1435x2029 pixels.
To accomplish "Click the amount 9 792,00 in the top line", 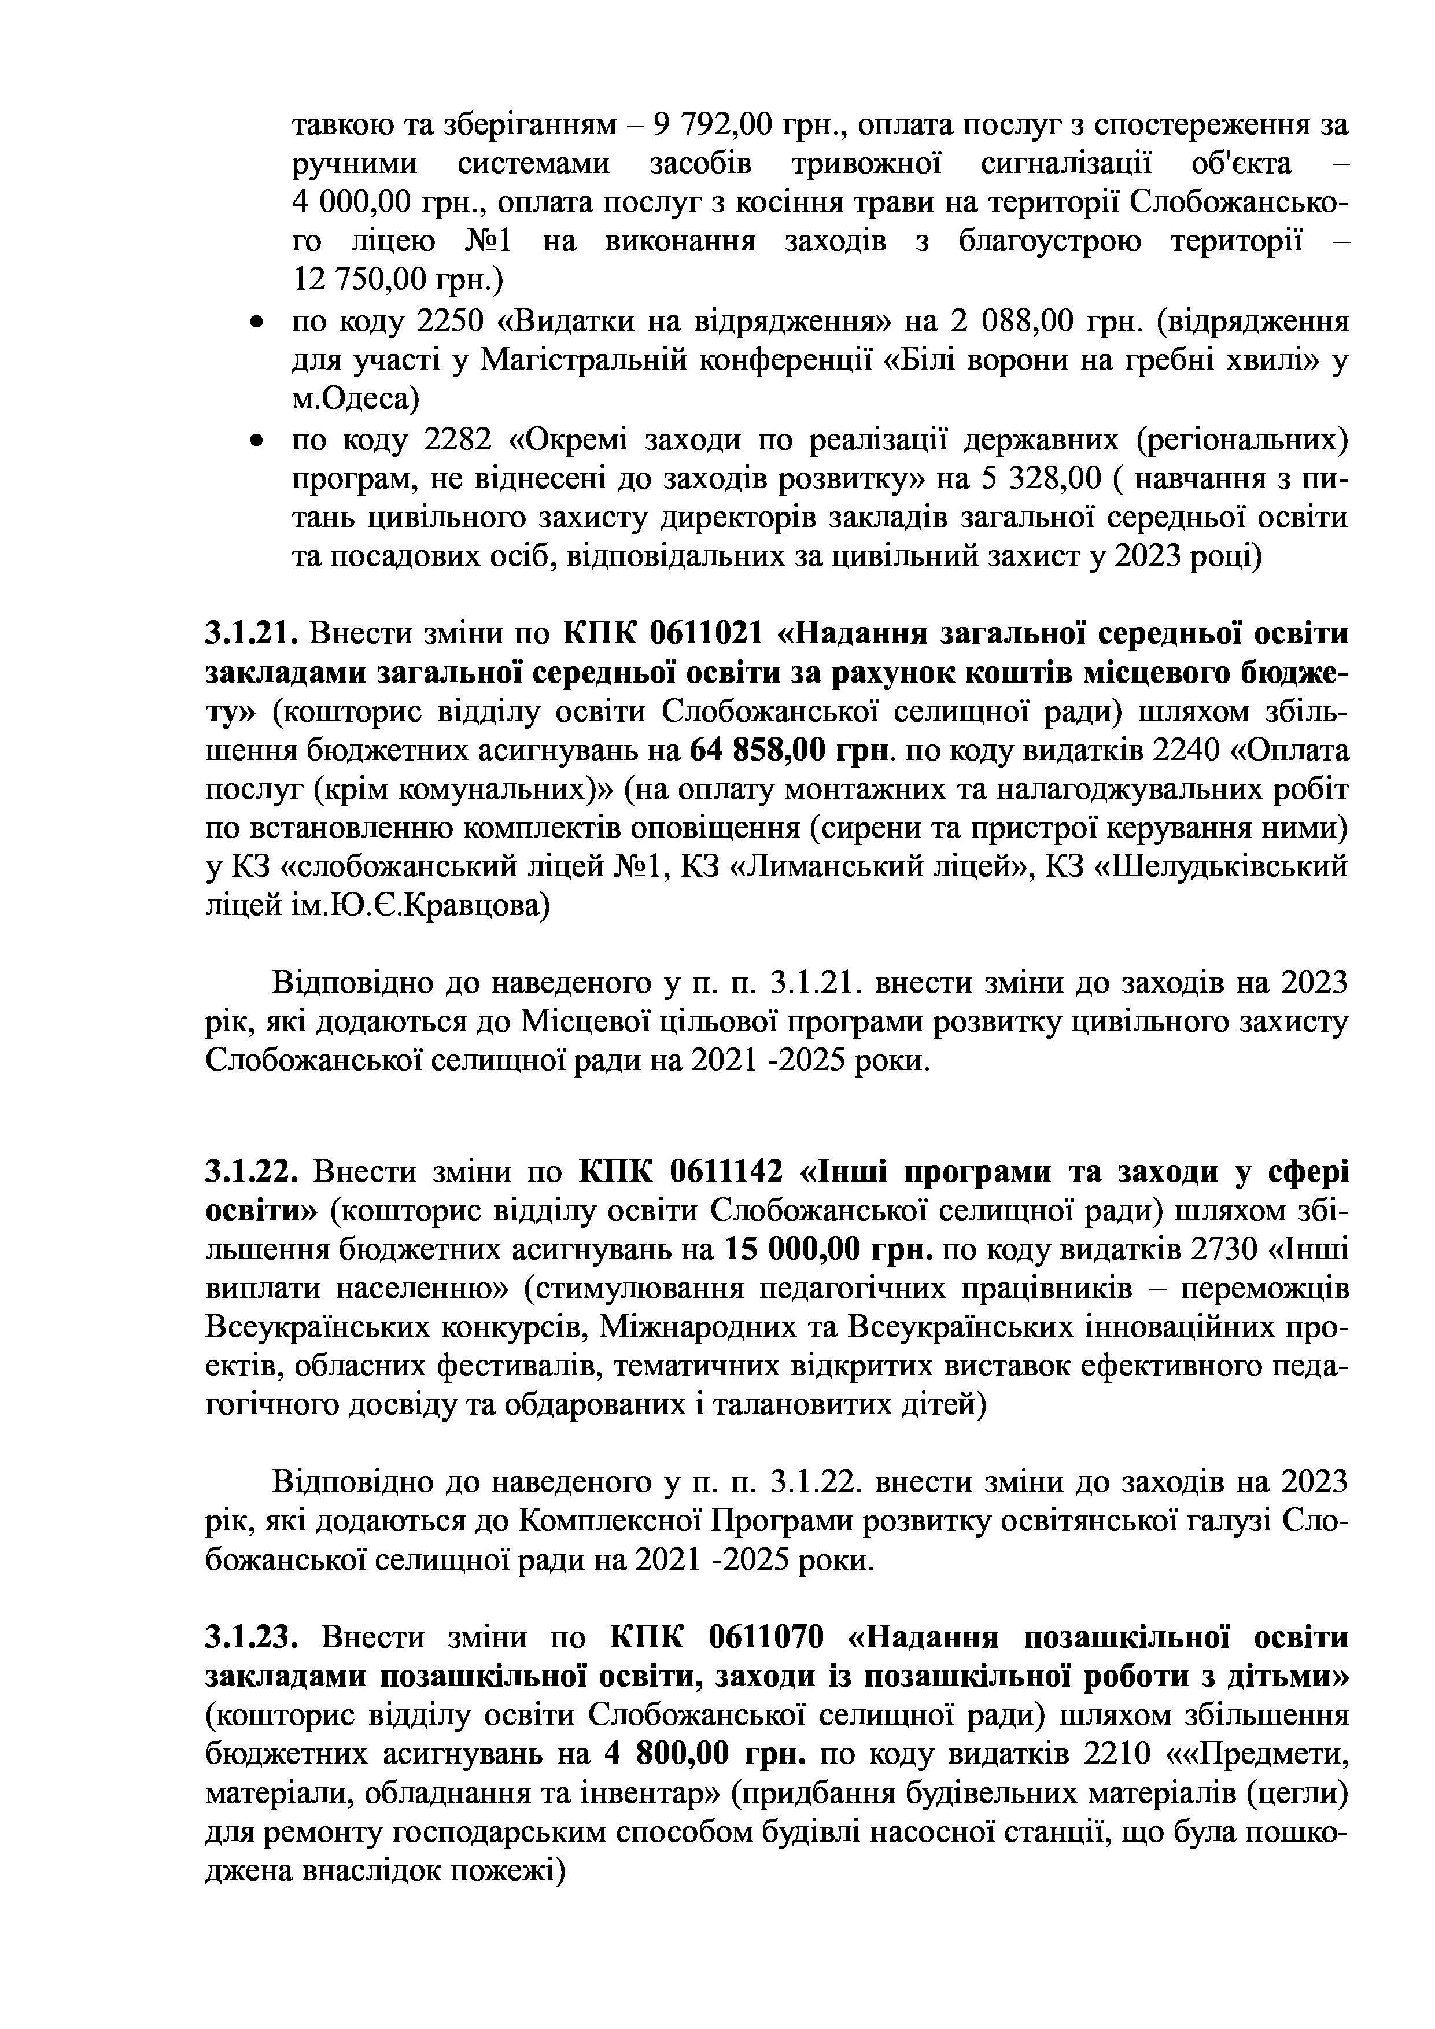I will pos(713,126).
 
